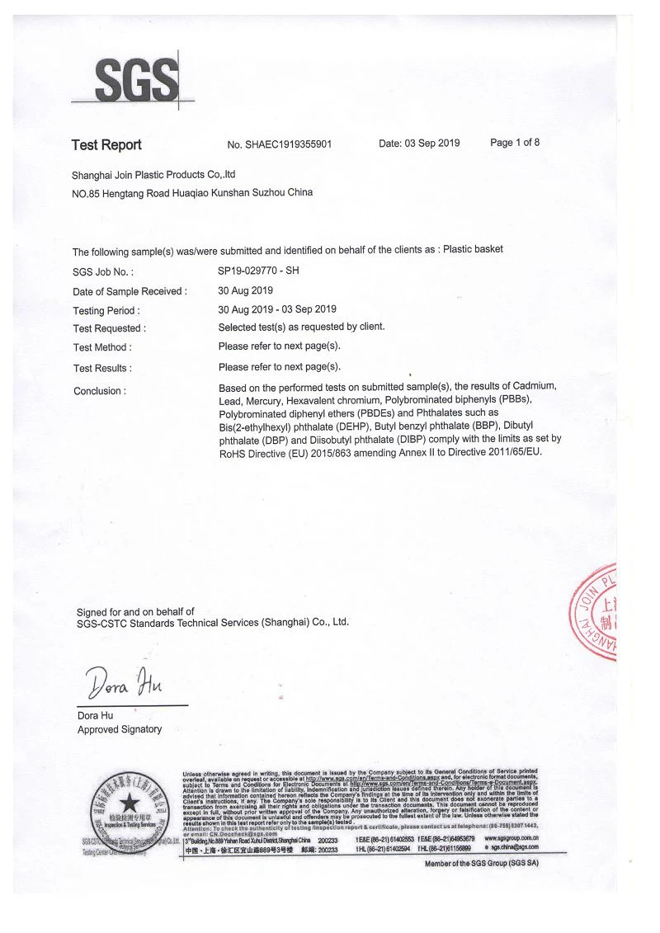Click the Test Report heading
[x=106, y=145]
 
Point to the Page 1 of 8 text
[x=515, y=143]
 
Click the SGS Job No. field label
[x=103, y=271]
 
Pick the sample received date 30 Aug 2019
[x=245, y=290]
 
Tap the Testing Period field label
[x=106, y=311]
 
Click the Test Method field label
[x=102, y=347]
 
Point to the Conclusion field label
[x=100, y=391]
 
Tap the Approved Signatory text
[x=120, y=729]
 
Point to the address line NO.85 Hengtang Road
[x=192, y=193]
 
